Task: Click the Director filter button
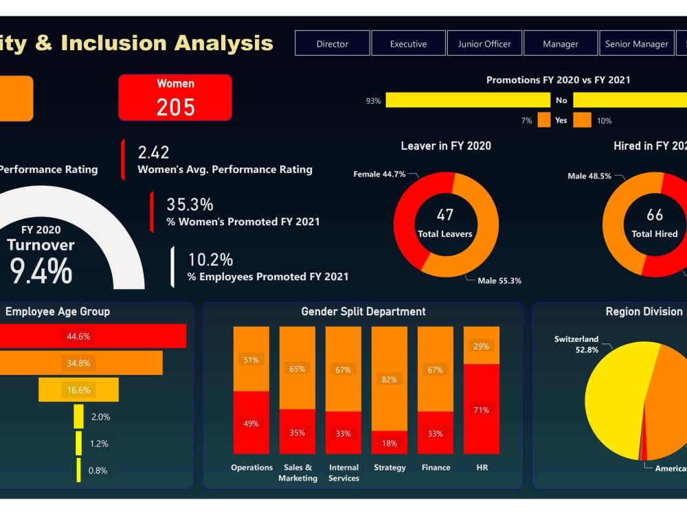click(x=333, y=43)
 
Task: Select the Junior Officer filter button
click(x=484, y=43)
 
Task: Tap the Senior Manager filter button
click(x=636, y=43)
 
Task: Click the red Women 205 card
click(x=175, y=98)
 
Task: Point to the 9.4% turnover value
click(x=41, y=270)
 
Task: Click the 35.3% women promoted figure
click(x=190, y=204)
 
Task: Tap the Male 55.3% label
click(x=499, y=280)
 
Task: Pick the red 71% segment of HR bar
click(x=482, y=409)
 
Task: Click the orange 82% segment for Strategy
click(x=390, y=378)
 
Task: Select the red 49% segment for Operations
click(x=251, y=423)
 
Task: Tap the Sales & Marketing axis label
click(x=297, y=472)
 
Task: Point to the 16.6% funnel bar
click(x=78, y=389)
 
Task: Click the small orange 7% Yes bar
click(x=544, y=120)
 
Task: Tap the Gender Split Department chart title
click(x=363, y=312)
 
